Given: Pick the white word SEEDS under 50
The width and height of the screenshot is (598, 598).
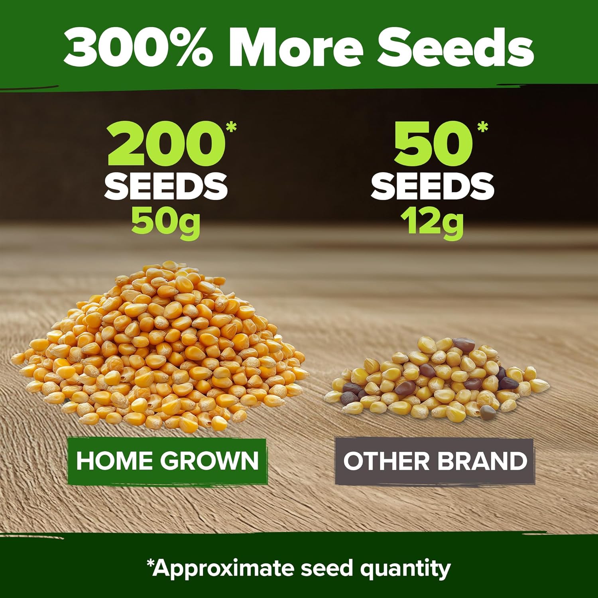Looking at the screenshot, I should pyautogui.click(x=433, y=186).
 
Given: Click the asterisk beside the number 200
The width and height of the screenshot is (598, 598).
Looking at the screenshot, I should pyautogui.click(x=231, y=127).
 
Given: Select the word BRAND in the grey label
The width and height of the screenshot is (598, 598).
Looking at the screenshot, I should pyautogui.click(x=483, y=461).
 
